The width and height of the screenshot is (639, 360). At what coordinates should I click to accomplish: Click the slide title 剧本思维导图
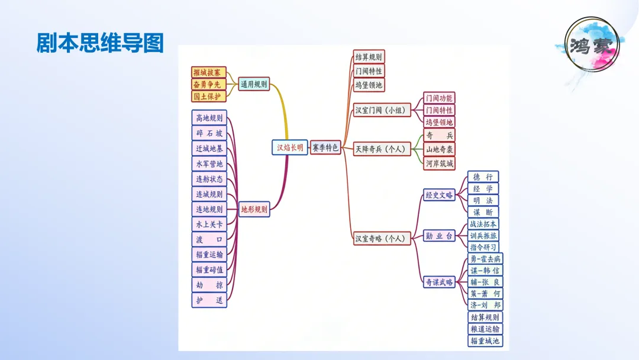click(x=99, y=43)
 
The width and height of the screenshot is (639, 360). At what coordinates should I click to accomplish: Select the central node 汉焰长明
click(x=290, y=147)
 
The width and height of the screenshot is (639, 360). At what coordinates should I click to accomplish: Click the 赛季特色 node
click(x=325, y=147)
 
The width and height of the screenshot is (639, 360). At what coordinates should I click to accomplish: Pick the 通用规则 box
click(x=254, y=84)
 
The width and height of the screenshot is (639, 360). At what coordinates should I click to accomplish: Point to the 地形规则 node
click(x=254, y=209)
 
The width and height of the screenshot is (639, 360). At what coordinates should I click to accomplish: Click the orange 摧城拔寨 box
click(x=209, y=72)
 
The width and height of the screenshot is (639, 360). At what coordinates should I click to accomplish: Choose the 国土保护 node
click(x=209, y=96)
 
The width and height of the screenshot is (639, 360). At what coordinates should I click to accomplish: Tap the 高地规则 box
click(x=209, y=118)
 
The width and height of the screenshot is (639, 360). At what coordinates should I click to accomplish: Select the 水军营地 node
click(x=209, y=163)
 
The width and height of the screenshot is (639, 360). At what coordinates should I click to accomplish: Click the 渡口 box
click(x=209, y=239)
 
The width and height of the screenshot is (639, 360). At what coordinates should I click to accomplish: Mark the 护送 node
click(x=209, y=300)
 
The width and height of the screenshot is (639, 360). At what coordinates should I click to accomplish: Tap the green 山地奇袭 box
click(x=440, y=149)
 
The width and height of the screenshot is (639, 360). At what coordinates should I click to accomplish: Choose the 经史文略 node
click(x=439, y=195)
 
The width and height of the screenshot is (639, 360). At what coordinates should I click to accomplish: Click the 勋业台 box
click(x=439, y=236)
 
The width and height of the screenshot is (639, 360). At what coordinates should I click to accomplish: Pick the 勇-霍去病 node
click(x=485, y=259)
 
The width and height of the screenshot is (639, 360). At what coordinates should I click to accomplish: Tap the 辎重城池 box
click(x=485, y=340)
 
